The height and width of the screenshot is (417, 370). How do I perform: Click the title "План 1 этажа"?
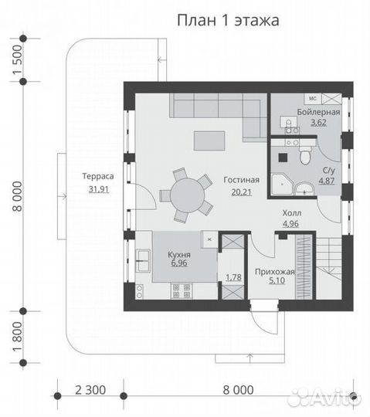[x=228, y=21]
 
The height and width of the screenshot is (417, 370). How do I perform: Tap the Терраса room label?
[x=98, y=176]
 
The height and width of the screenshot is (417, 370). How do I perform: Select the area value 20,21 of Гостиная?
[x=241, y=192]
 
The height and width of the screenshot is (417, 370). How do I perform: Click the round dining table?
[x=188, y=195]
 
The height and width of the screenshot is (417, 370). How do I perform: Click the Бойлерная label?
[x=318, y=112]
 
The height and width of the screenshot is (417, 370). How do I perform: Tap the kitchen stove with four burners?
[x=182, y=290]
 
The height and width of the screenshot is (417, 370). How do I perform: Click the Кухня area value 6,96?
[x=179, y=263]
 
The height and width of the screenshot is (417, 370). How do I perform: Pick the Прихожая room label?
[x=275, y=272]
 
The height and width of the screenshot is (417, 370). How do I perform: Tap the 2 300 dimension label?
[x=90, y=390]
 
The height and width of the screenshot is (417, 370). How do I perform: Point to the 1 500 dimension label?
[x=18, y=59]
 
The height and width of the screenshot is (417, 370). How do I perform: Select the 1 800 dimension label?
[x=18, y=337]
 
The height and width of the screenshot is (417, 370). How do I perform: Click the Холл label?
[x=292, y=213]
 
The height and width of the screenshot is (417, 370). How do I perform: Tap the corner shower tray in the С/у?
[x=282, y=184]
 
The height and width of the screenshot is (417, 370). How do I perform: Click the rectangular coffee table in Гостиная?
[x=209, y=141]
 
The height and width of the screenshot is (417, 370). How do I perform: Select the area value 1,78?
[x=233, y=277]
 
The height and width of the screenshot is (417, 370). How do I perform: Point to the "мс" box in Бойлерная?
[x=313, y=98]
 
